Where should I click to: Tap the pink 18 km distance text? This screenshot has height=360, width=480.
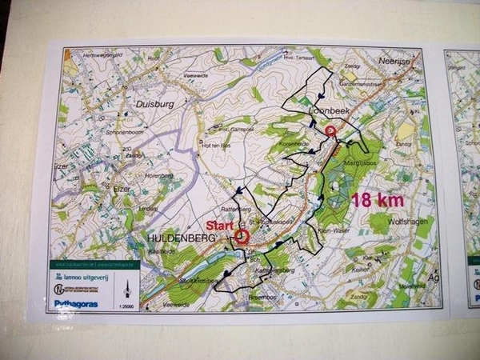[377, 200]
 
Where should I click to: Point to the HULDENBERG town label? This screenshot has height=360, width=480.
[177, 239]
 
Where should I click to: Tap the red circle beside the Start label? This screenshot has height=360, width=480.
[243, 237]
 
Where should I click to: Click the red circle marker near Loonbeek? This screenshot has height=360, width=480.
[331, 131]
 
